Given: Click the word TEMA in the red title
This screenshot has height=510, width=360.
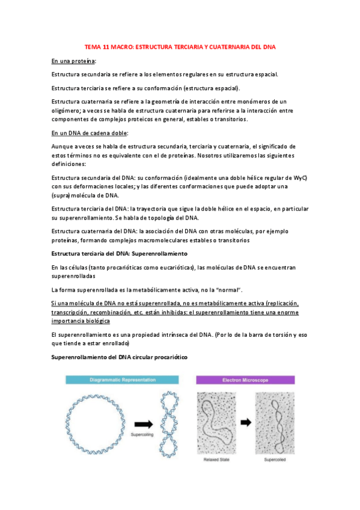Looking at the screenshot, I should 93,47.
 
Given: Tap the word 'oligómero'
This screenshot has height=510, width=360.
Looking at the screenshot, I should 68,110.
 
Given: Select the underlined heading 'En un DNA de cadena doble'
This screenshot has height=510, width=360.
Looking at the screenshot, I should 90,133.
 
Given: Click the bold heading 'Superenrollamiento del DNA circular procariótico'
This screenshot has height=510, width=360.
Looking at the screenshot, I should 120,357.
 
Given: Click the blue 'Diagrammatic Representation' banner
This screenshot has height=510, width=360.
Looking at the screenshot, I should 123,379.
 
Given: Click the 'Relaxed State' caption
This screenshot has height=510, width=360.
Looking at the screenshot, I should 219,460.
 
